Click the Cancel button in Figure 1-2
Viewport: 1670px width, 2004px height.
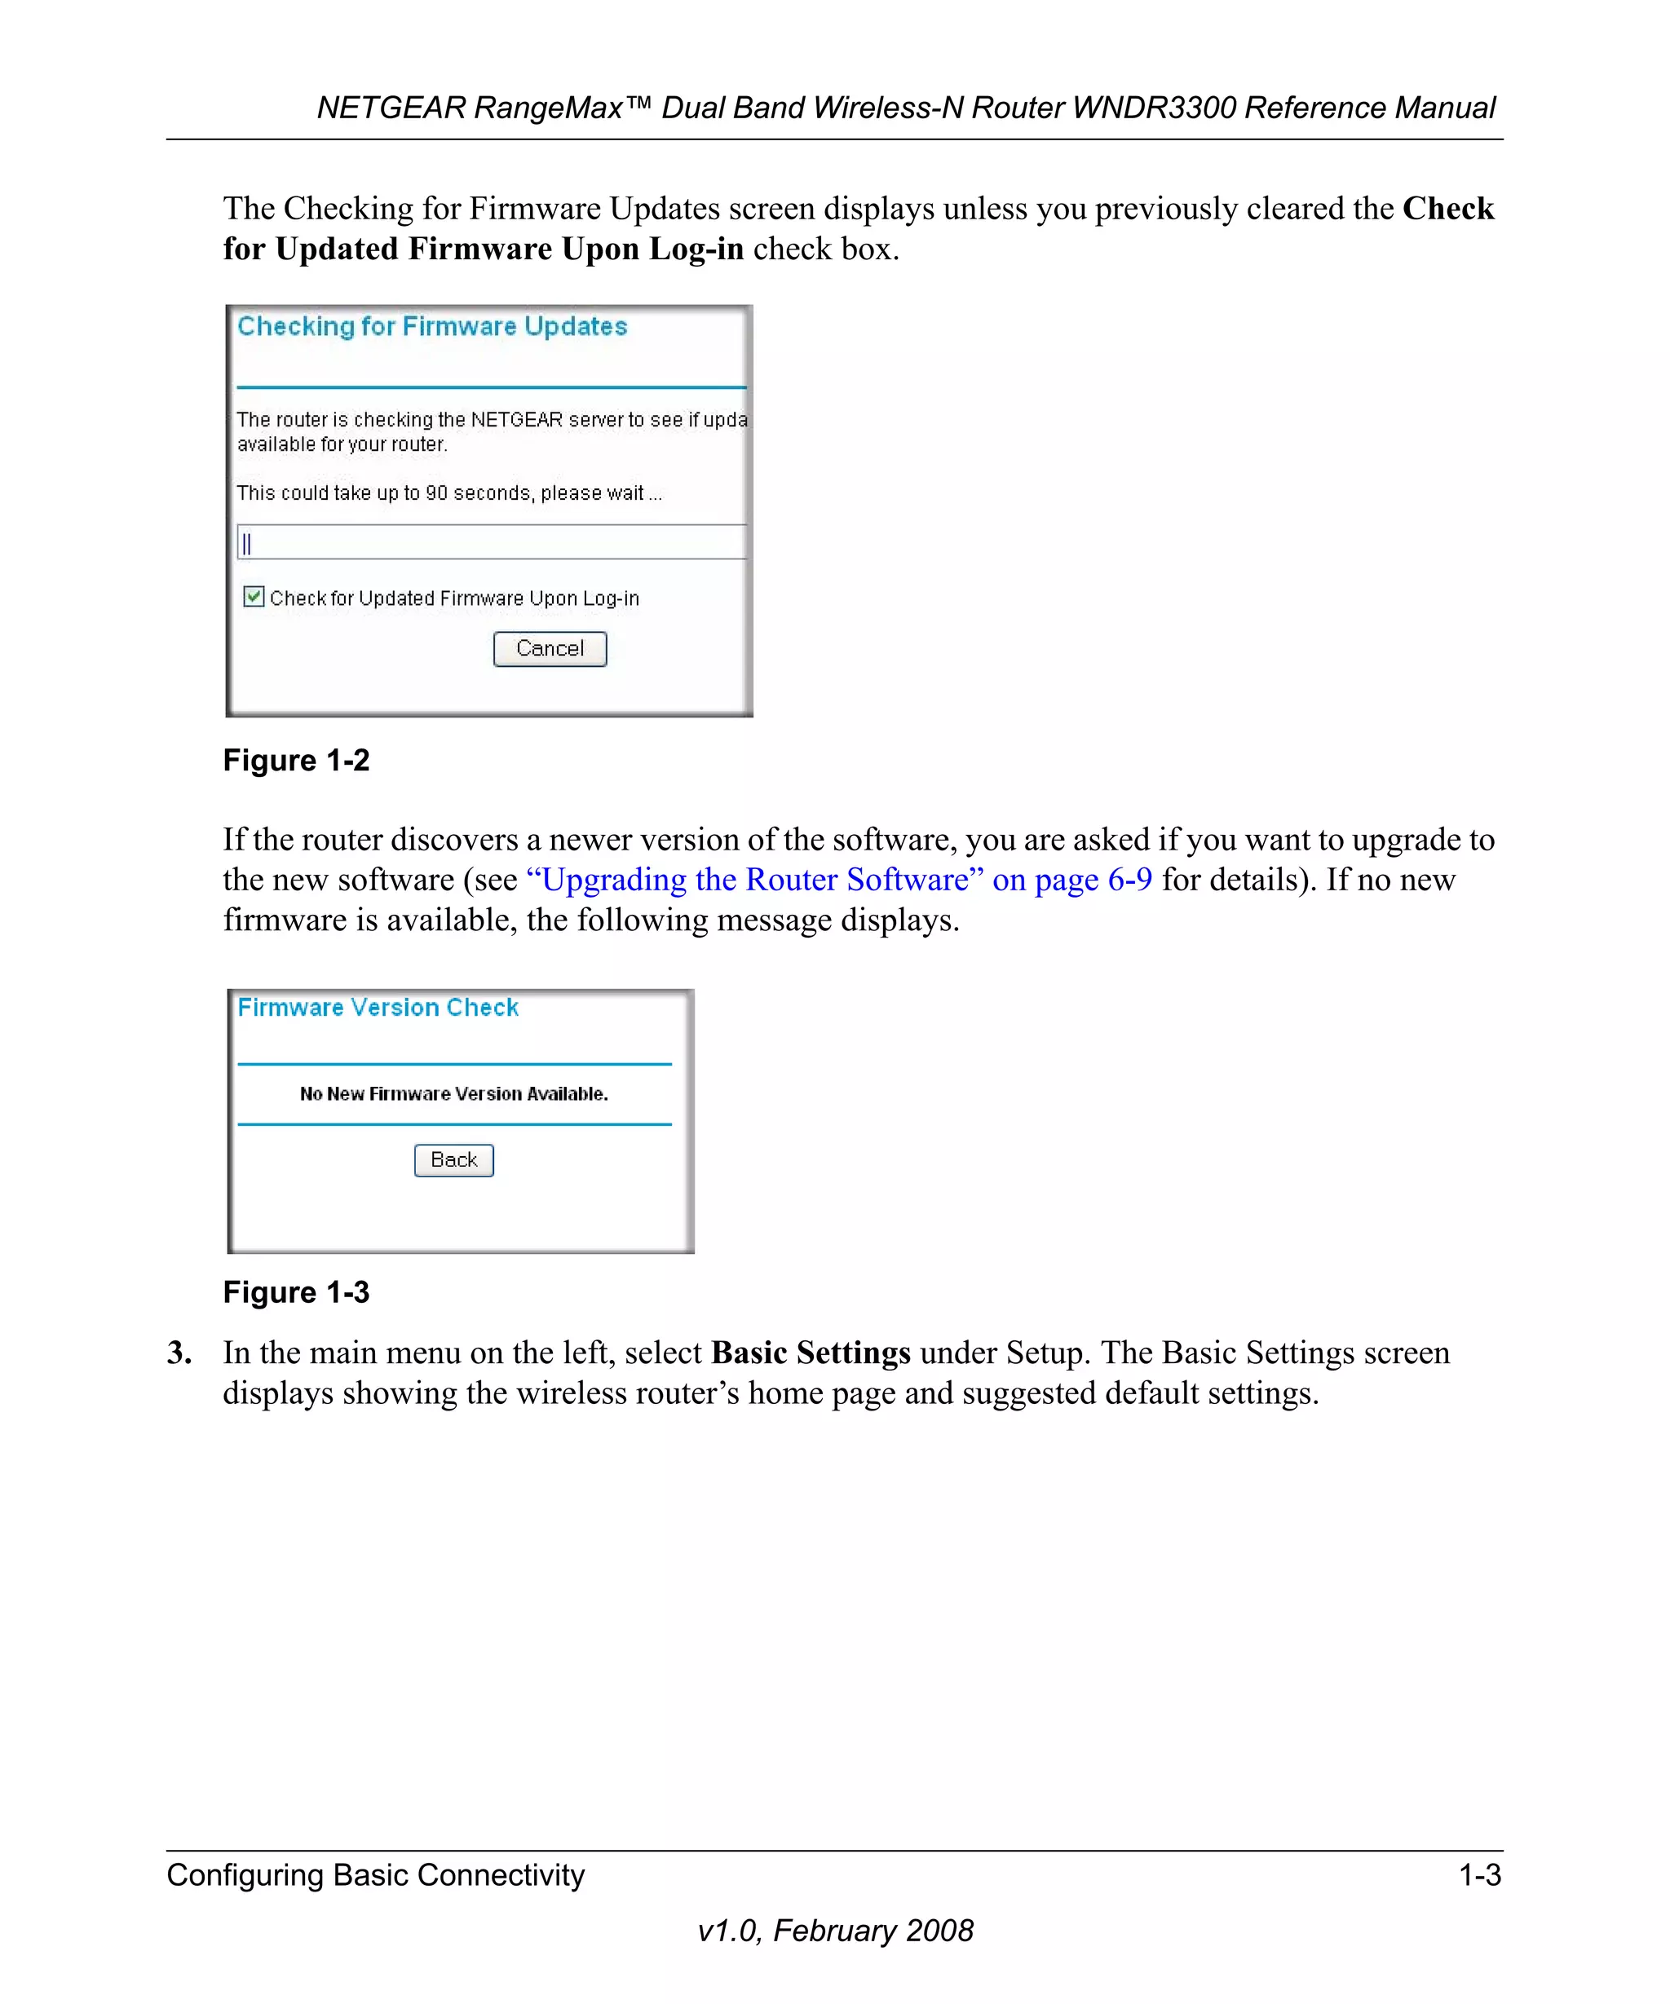click(x=550, y=649)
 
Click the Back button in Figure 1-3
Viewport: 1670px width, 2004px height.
click(x=453, y=1159)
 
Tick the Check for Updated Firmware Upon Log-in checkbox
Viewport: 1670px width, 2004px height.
click(x=253, y=597)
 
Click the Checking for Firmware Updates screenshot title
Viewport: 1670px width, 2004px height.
click(x=431, y=326)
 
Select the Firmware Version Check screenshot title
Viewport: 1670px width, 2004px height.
click(x=378, y=1008)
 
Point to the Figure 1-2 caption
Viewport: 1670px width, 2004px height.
click(x=296, y=761)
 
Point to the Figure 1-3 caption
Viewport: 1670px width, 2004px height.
click(x=296, y=1292)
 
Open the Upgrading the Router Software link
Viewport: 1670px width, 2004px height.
click(x=839, y=879)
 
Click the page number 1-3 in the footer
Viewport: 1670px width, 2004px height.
click(x=1479, y=1875)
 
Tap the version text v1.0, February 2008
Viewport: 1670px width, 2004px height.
click(x=835, y=1931)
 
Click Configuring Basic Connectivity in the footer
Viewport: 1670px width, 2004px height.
click(x=375, y=1875)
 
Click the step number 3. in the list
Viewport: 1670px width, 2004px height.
click(x=179, y=1353)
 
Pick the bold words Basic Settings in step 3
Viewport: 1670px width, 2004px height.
click(x=811, y=1353)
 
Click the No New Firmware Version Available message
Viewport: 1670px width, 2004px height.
click(x=453, y=1093)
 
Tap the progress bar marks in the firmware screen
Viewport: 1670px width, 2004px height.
click(x=247, y=544)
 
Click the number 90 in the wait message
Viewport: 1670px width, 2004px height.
click(x=436, y=493)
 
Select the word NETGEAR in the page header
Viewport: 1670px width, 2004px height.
click(x=391, y=108)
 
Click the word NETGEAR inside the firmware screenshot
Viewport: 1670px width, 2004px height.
click(x=516, y=420)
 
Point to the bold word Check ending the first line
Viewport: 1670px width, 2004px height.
click(x=1447, y=209)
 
